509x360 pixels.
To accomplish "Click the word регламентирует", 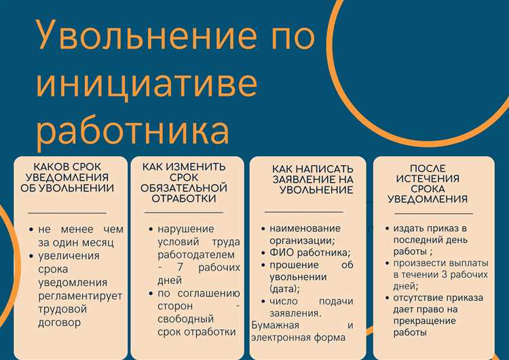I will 80,295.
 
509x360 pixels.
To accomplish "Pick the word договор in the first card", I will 59,322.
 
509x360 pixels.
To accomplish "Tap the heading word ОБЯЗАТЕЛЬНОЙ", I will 184,187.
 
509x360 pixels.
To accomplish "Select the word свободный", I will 185,319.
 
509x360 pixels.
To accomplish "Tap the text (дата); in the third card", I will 285,289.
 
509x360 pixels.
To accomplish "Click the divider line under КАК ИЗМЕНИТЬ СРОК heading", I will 183,213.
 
